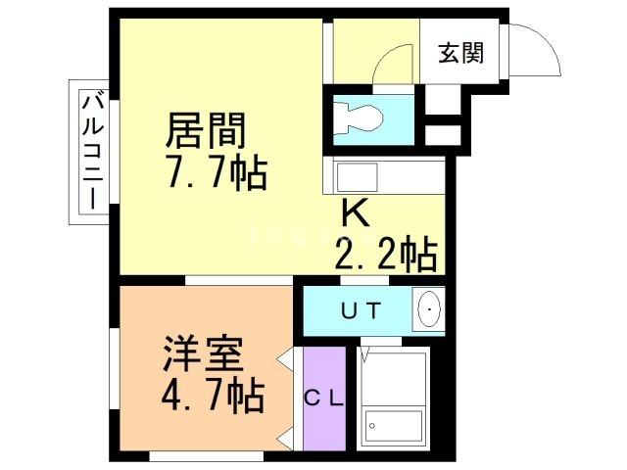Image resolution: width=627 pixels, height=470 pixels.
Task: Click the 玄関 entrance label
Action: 459,53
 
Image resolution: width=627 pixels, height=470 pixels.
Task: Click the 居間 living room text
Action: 206,129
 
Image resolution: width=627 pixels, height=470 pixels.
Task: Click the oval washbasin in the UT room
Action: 429,311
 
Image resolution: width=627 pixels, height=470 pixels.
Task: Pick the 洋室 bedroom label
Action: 202,353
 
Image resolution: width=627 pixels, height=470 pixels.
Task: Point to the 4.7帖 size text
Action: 212,397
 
